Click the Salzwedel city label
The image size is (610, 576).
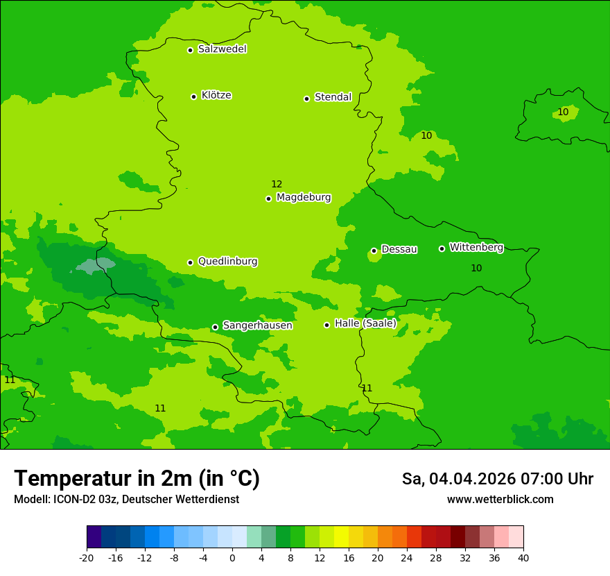[x=222, y=49]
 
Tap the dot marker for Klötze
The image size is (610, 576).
[x=193, y=96]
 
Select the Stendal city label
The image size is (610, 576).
[x=333, y=97]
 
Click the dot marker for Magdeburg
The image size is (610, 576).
[x=268, y=198]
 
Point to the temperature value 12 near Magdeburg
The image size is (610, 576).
[x=277, y=184]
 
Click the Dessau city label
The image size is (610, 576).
[x=399, y=249]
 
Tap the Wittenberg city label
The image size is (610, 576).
[x=476, y=247]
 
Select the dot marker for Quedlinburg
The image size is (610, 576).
[x=190, y=262]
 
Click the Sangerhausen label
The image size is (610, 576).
[x=257, y=325]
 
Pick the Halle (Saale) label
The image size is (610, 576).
[x=365, y=323]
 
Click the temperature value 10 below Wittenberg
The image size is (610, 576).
[x=476, y=268]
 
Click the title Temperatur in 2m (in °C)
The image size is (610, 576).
[x=137, y=478]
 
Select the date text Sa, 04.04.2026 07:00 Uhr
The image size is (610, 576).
[x=497, y=479]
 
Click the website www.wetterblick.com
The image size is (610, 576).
[x=500, y=499]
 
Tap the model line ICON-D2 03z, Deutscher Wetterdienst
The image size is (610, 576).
[x=126, y=499]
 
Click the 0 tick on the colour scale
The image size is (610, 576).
[x=232, y=557]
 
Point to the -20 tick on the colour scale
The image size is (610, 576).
[x=87, y=557]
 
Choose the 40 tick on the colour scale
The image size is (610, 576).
[x=523, y=557]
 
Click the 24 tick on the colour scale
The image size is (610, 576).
[x=407, y=557]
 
